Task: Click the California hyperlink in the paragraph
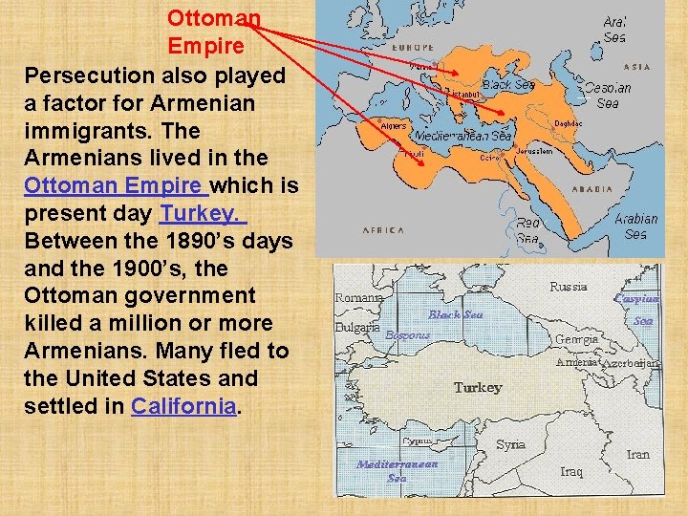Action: [x=183, y=405]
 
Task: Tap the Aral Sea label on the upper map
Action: [x=615, y=30]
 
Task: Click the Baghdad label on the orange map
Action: [x=569, y=122]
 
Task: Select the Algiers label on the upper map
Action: [x=394, y=125]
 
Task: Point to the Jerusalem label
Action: [x=534, y=151]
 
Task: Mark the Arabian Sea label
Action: [x=635, y=226]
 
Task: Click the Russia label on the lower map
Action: [x=569, y=286]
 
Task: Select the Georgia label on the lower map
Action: [x=576, y=338]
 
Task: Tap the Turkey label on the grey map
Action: [x=478, y=387]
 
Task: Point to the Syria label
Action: [x=510, y=444]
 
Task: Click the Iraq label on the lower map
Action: [x=571, y=471]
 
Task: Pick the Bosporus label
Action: [x=407, y=335]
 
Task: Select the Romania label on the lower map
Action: [x=359, y=297]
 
